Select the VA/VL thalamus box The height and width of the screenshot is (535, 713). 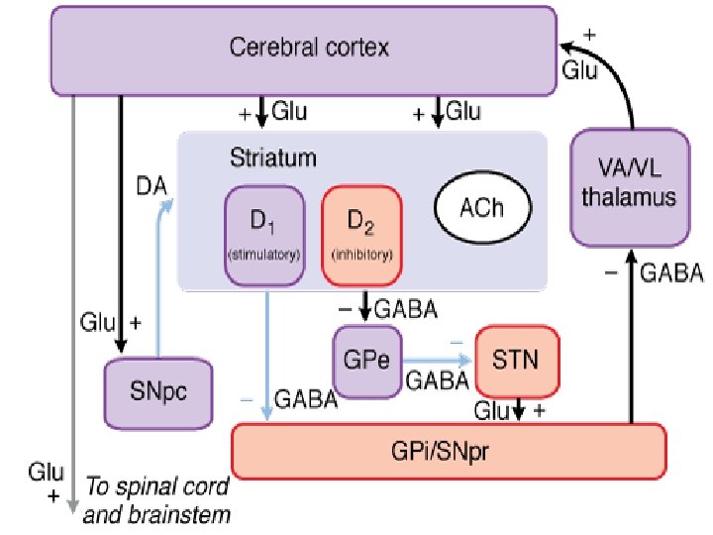pos(629,185)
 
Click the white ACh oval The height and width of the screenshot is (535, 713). pos(483,209)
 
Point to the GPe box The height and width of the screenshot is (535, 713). pos(365,360)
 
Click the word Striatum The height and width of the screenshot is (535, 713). pos(258,158)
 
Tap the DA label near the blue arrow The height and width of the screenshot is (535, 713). pos(150,185)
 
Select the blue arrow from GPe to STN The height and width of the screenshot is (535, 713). pos(436,360)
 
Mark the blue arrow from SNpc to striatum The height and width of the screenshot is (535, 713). pos(158,267)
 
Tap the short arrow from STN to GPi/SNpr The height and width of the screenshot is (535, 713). pos(518,408)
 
